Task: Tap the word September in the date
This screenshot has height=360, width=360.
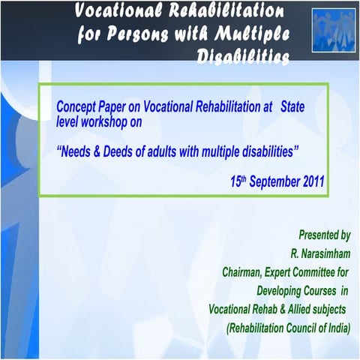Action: pos(271,181)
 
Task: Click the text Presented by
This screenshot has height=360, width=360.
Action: pos(325,235)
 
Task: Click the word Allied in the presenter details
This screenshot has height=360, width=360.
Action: pos(297,309)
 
